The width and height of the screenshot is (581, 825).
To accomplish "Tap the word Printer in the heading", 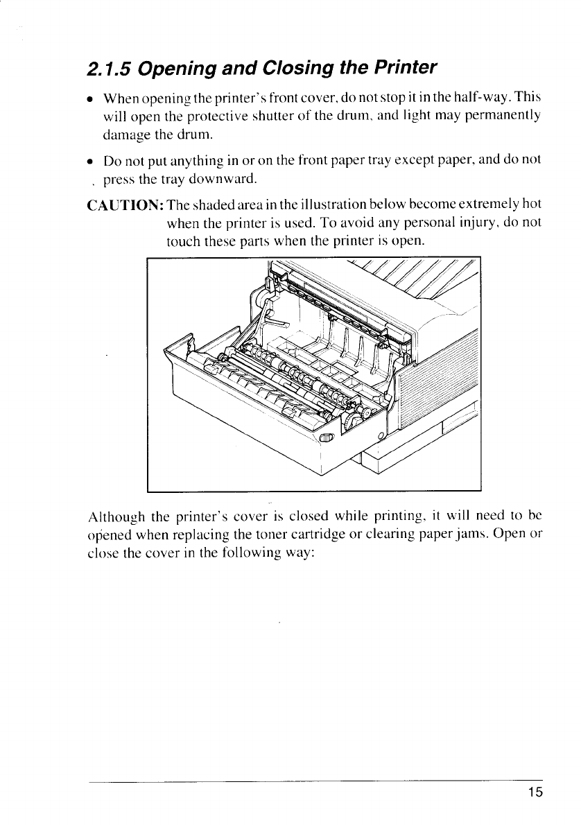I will point(404,68).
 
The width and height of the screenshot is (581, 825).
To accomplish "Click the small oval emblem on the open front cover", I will point(327,437).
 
